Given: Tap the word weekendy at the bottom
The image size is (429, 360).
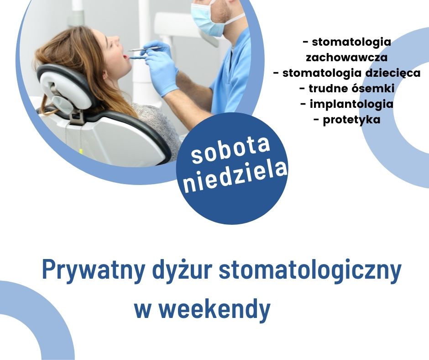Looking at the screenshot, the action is point(215,309).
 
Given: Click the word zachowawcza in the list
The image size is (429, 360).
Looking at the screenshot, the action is point(347,58).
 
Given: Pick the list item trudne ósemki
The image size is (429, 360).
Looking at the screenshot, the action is point(347,89).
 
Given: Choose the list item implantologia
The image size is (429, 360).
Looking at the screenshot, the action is point(347,104).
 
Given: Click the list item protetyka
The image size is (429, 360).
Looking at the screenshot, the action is point(347,120).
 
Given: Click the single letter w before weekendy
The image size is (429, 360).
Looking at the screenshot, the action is point(142,311).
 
